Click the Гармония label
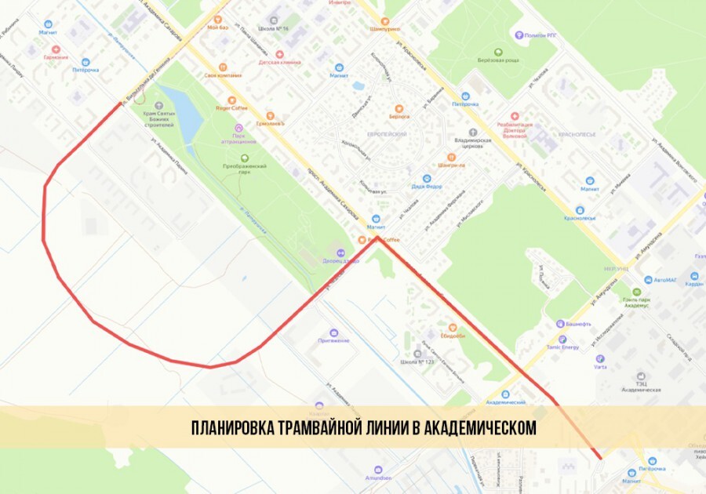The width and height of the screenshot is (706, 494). click(56, 57)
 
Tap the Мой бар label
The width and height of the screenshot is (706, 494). click(217, 27)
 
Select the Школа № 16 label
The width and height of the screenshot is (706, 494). click(275, 27)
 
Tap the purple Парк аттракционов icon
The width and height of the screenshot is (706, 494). click(238, 128)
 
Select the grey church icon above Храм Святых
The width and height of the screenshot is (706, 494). click(158, 104)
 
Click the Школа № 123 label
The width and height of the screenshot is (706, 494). click(417, 361)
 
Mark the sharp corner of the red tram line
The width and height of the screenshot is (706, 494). click(379, 239)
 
